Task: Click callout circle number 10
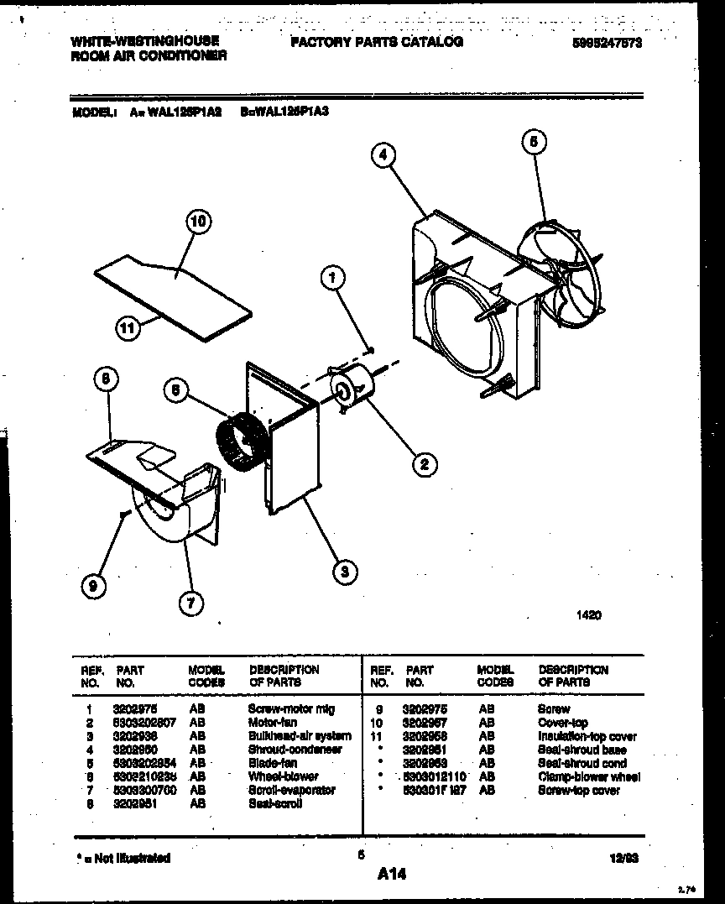(x=198, y=222)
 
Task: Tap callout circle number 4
(x=383, y=154)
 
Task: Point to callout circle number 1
(x=332, y=276)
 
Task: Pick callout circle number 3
(x=342, y=572)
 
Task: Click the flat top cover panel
(x=172, y=290)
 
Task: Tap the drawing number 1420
(x=588, y=615)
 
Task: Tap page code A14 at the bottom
(x=391, y=875)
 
